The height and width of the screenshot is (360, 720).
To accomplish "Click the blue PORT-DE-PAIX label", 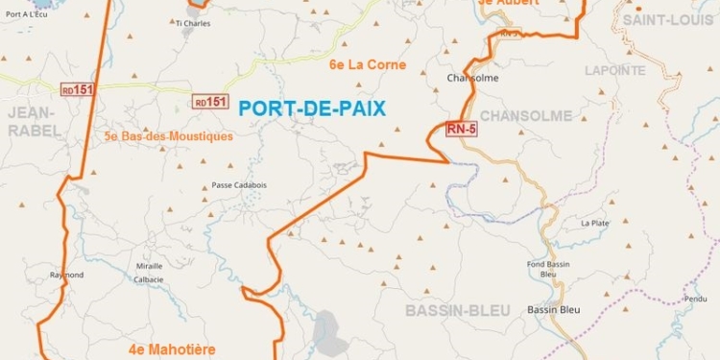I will [312, 109].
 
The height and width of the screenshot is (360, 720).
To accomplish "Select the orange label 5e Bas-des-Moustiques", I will [169, 136].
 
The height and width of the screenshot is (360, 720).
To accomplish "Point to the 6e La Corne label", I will [361, 65].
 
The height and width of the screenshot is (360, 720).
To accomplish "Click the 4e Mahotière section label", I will [172, 348].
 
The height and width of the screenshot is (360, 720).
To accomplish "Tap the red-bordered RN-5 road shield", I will [462, 128].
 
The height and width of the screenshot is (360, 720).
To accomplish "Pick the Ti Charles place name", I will [193, 23].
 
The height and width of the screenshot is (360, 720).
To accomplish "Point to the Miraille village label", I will [149, 265].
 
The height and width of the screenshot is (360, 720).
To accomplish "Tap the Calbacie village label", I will [148, 279].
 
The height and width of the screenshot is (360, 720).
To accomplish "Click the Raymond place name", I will [67, 275].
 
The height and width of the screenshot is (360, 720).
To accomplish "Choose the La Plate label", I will [594, 223].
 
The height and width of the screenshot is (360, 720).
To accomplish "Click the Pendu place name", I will [697, 299].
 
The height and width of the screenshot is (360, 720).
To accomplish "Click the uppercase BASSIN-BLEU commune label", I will [451, 311].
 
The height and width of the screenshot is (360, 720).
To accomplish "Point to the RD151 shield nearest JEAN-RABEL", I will [78, 89].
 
